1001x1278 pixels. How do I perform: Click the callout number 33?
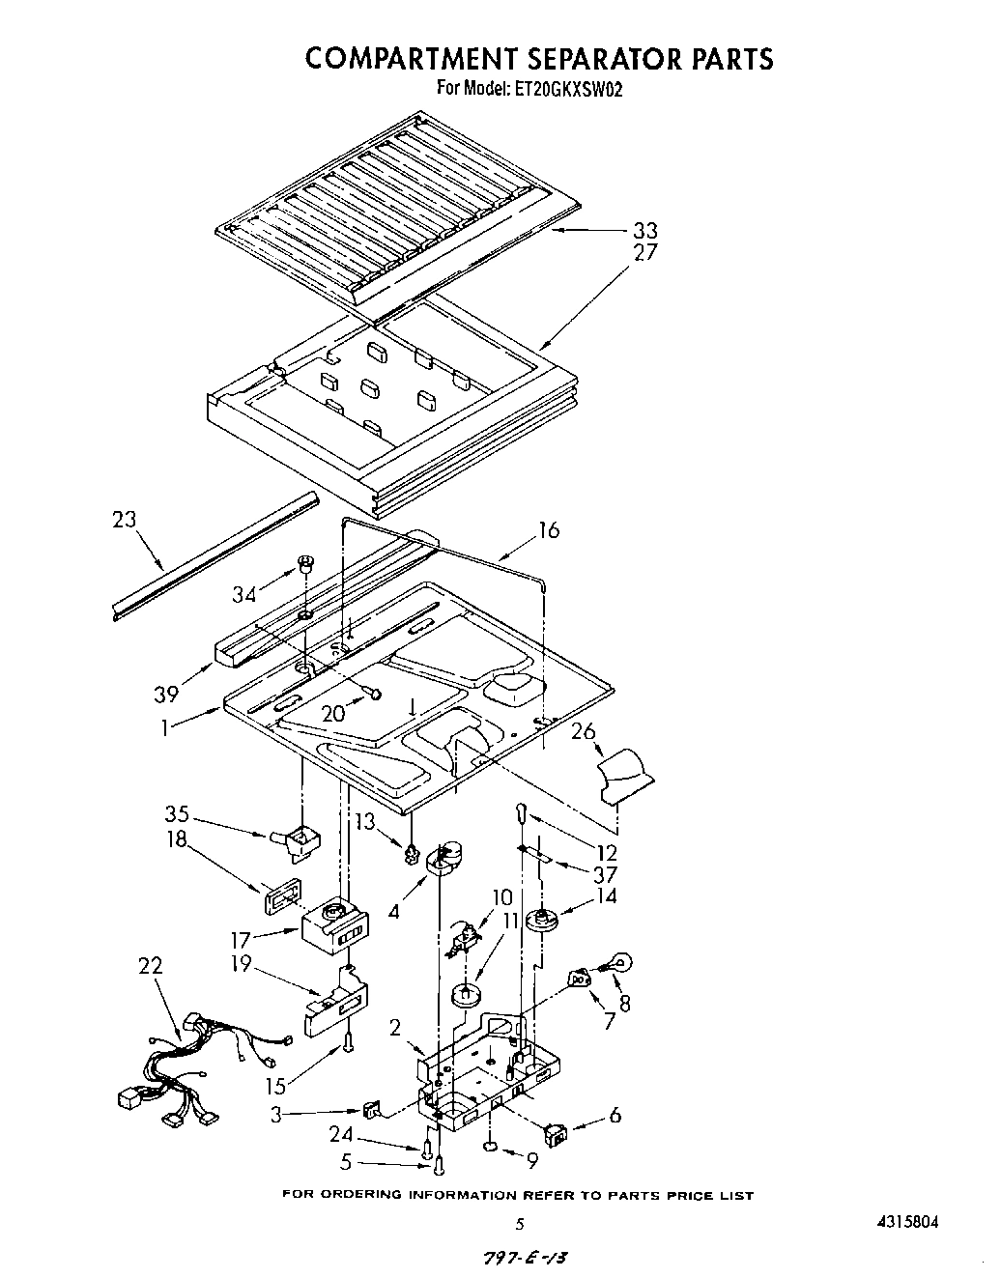point(644,230)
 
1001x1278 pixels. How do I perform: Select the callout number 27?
point(644,252)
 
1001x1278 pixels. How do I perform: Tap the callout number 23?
point(126,520)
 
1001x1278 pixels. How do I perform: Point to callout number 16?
point(548,530)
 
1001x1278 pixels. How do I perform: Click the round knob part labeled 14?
point(546,921)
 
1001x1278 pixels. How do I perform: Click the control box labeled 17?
point(332,926)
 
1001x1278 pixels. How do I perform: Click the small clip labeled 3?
point(372,1109)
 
